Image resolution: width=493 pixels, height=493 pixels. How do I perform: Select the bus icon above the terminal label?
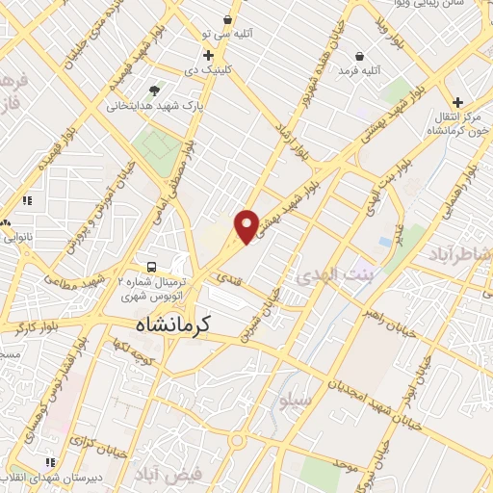[x=150, y=266]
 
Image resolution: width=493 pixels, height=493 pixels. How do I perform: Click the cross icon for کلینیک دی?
[x=208, y=56]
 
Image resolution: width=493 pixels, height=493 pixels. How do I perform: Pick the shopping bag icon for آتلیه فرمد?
[x=359, y=55]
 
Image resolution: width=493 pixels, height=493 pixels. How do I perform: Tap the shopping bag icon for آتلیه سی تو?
[x=227, y=20]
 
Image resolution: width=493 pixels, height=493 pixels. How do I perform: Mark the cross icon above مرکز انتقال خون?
[x=457, y=103]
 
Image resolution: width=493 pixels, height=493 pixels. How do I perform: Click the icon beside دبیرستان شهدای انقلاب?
[x=51, y=463]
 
